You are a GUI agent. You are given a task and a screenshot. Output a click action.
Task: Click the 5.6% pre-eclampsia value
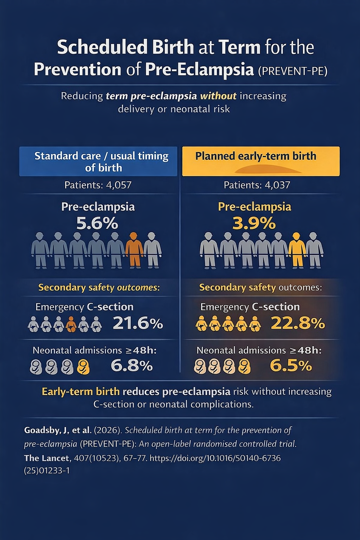tap(97, 224)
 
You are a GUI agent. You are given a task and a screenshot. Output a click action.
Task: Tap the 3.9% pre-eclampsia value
tap(254, 224)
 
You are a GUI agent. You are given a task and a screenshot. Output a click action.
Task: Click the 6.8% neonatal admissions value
tap(131, 366)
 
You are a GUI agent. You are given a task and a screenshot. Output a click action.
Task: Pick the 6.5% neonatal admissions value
tap(291, 366)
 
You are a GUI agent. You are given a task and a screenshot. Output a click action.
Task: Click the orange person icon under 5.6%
tap(134, 250)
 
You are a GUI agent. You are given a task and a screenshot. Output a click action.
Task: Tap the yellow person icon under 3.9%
tap(297, 250)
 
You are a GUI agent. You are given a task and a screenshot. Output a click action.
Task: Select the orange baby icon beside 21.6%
tap(71, 324)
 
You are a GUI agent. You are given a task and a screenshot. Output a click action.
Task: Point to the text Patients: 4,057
tap(98, 185)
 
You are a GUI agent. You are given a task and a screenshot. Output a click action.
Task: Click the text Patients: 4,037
tap(257, 185)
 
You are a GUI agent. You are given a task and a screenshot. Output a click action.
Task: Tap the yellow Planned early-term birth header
tap(261, 161)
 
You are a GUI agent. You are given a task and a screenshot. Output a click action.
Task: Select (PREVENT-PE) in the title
tap(292, 71)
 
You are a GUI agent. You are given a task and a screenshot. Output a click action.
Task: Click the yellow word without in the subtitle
tap(218, 96)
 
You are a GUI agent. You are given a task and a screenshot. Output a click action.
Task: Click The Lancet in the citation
tap(47, 458)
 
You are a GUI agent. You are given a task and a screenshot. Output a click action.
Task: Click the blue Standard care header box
tap(98, 161)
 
